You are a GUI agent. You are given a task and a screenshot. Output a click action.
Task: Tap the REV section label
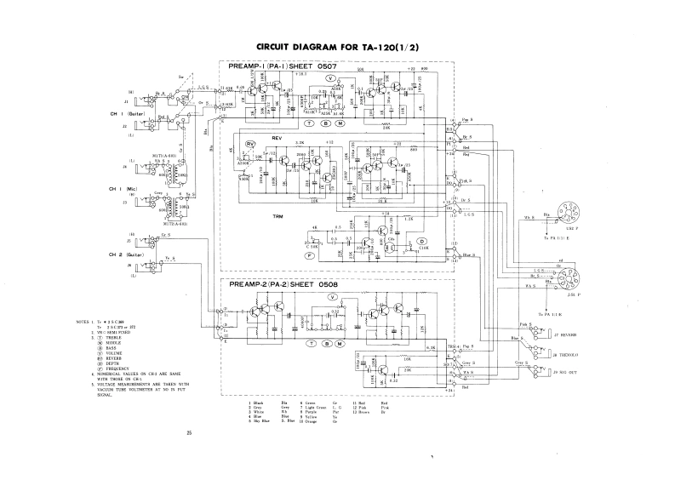click(275, 137)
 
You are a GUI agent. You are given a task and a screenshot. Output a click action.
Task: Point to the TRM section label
click(277, 217)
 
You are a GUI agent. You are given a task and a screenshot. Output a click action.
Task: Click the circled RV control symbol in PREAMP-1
click(249, 145)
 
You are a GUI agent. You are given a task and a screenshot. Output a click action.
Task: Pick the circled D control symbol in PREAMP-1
click(420, 242)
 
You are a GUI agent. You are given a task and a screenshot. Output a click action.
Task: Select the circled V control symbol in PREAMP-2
click(334, 297)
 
